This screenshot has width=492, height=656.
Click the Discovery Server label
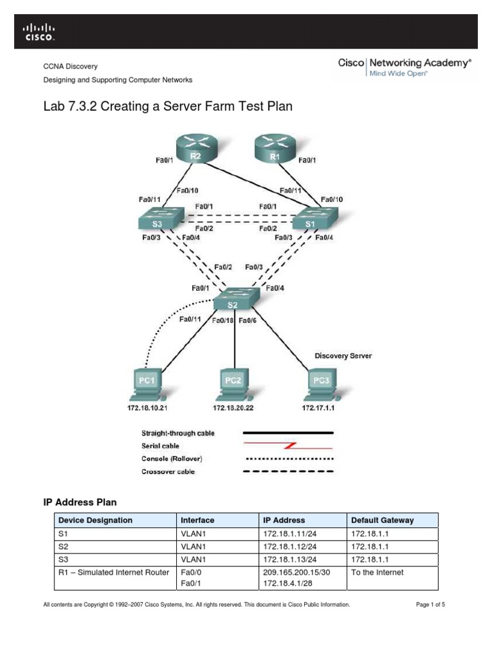coord(343,355)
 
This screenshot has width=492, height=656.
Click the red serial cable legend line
coord(295,446)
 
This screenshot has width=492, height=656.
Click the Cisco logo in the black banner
coord(40,31)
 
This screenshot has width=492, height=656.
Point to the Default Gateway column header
coord(382,520)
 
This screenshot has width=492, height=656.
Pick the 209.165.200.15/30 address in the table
coord(296,572)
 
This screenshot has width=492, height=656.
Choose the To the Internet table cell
coord(377,572)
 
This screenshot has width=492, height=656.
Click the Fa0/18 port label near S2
coord(223,320)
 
